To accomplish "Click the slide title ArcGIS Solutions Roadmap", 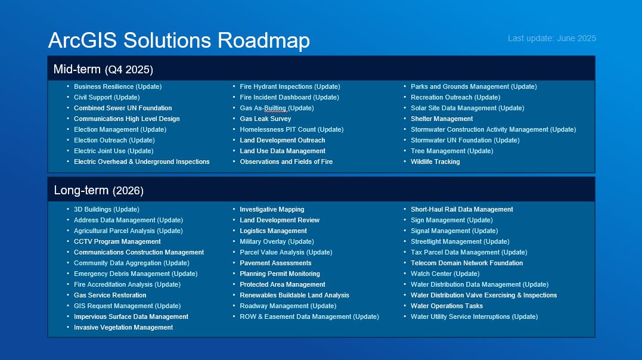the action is click(x=179, y=41).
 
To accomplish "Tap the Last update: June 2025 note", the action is click(x=552, y=39).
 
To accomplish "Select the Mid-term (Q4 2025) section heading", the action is click(x=103, y=69).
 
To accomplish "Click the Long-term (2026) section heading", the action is click(x=99, y=190).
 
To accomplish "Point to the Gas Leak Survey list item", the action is click(x=265, y=119).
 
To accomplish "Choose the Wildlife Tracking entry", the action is click(x=435, y=162).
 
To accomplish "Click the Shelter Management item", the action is click(x=442, y=119).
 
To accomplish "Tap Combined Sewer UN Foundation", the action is click(x=123, y=108).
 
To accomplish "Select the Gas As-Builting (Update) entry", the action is click(x=277, y=108).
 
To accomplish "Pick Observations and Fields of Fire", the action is click(x=286, y=162).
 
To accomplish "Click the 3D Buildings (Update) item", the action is click(x=107, y=209).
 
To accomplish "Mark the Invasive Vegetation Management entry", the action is click(x=123, y=327).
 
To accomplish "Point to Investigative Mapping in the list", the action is click(x=272, y=209).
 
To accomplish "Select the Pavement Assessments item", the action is click(x=275, y=263).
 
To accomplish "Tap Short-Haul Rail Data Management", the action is click(x=462, y=209).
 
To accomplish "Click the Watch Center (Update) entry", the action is click(x=445, y=274).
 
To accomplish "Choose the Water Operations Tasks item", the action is click(x=446, y=306).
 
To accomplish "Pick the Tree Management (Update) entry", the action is click(x=452, y=151).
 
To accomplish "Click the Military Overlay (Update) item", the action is click(x=277, y=241).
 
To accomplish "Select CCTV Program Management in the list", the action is click(x=117, y=241).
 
